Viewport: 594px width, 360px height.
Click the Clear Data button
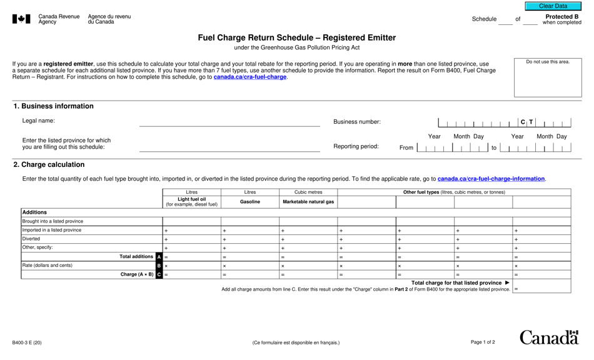pos(553,6)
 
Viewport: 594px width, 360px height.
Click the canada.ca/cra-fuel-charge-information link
pos(491,179)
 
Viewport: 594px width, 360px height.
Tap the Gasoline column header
pos(250,202)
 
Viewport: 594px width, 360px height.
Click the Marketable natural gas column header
pos(308,202)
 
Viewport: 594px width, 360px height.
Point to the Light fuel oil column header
pos(191,202)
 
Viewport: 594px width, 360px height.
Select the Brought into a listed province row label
pos(53,221)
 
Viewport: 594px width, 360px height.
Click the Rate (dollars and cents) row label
pos(48,266)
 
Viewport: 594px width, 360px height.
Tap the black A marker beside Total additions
pos(159,257)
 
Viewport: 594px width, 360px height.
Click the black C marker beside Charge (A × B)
pos(159,274)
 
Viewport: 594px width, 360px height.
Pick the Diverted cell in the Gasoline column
pos(250,239)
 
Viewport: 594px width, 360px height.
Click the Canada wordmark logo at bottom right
pos(549,338)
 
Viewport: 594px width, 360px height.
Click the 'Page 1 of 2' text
pos(483,342)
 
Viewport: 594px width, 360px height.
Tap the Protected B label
pos(561,17)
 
